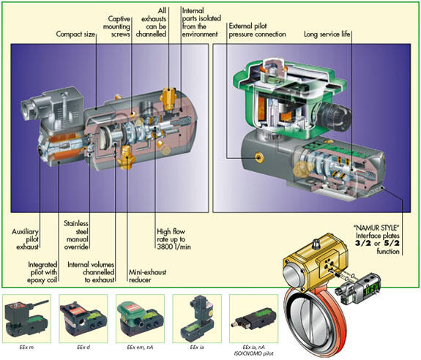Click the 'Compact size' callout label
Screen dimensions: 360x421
tap(78, 33)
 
